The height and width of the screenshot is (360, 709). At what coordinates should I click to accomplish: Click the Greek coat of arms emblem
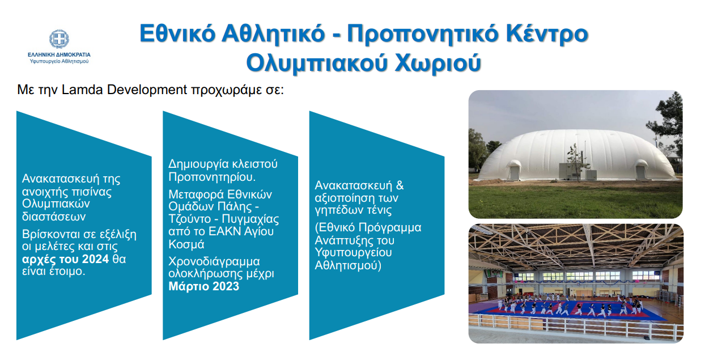click(59, 39)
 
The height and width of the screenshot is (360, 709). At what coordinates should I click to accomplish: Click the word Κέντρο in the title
click(547, 33)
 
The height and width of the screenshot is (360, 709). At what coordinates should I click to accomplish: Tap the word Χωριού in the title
click(438, 62)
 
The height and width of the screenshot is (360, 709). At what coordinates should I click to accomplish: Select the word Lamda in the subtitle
click(82, 90)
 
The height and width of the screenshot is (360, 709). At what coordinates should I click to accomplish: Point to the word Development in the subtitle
click(147, 90)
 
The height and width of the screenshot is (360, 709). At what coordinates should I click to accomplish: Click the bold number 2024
click(94, 259)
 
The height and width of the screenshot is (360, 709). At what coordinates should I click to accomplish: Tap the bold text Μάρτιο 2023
click(203, 286)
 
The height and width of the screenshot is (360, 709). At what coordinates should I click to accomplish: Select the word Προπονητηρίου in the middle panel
click(212, 177)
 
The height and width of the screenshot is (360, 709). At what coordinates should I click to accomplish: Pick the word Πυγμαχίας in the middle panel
click(251, 219)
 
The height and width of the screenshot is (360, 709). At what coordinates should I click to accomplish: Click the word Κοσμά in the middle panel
click(186, 244)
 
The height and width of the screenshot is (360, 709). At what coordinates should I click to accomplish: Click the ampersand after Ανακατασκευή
click(400, 185)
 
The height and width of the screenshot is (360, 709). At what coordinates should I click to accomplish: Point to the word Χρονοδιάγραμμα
click(214, 261)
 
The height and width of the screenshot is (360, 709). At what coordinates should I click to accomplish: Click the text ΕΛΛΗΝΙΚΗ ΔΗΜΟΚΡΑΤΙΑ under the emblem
click(59, 55)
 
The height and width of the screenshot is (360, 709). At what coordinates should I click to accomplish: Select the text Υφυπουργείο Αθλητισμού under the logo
click(59, 61)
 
